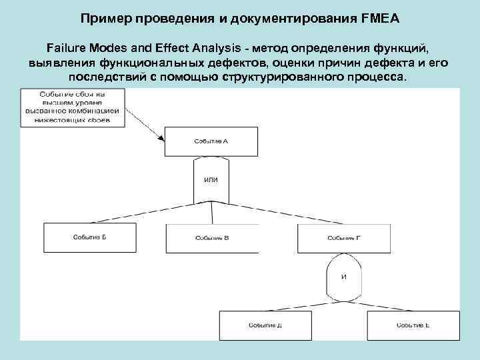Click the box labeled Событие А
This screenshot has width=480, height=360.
click(x=210, y=141)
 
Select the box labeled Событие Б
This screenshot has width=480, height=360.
click(x=89, y=237)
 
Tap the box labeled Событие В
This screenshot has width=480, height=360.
click(x=212, y=237)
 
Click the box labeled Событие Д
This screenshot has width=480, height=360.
click(x=265, y=325)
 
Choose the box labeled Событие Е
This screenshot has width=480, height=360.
click(x=413, y=325)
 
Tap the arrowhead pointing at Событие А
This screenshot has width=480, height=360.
click(x=162, y=138)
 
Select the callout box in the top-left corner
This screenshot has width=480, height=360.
click(x=73, y=108)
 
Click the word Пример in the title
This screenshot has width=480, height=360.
click(x=106, y=19)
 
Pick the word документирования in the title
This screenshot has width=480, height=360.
click(x=291, y=19)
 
